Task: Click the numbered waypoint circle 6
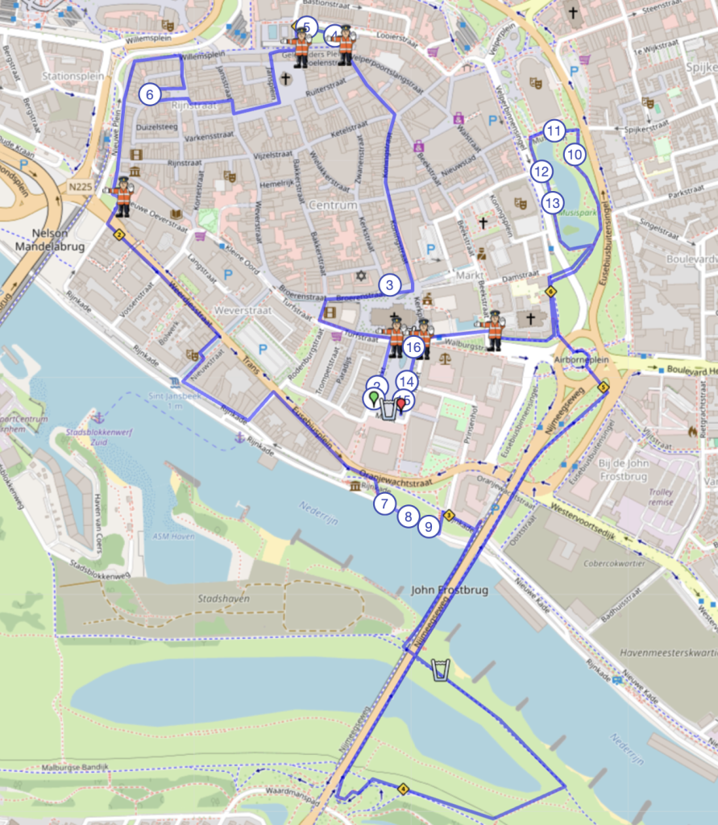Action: point(149,93)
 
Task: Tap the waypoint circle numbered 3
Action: point(389,284)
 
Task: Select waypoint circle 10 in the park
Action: point(574,154)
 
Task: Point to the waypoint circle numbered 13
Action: point(552,202)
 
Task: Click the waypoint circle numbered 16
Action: point(413,347)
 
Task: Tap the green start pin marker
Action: point(373,398)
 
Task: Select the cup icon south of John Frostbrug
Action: point(439,670)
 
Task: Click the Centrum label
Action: point(333,205)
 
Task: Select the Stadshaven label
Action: point(223,599)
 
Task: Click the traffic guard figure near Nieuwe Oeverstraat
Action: point(122,196)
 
